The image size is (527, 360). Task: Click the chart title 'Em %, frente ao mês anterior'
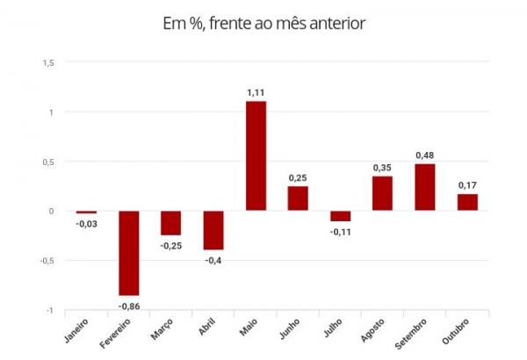263,24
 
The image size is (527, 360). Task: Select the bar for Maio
256,155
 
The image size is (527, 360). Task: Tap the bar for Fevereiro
129,253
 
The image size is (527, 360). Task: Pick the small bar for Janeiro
86,212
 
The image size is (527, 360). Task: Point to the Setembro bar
425,187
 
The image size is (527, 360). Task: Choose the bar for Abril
213,230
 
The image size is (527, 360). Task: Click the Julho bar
341,216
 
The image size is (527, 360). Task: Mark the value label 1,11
256,93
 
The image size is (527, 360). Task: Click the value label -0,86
129,306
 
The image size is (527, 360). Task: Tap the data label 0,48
425,155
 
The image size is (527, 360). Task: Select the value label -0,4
213,261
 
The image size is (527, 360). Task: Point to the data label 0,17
467,185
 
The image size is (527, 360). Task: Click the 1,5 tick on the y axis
48,63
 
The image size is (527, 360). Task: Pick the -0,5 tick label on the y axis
47,261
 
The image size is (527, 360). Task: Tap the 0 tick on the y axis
51,211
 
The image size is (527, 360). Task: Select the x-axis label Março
162,328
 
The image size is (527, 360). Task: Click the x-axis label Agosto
372,330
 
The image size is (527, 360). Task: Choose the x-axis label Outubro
455,331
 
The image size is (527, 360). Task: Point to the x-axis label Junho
290,328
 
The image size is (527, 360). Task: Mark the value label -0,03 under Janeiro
86,224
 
